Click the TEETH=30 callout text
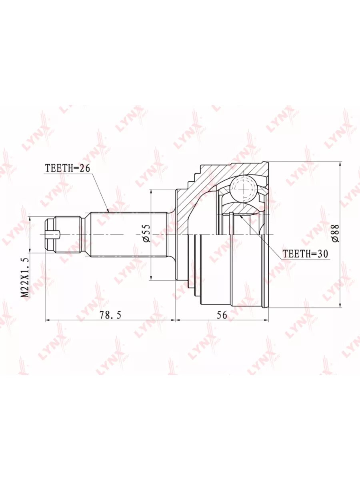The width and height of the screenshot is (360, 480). pos(306,254)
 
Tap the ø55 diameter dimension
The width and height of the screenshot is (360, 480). pos(146,233)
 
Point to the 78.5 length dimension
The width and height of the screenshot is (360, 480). pos(110,315)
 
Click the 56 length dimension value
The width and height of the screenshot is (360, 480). pos(222,315)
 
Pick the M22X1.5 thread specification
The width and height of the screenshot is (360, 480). pos(25,278)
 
